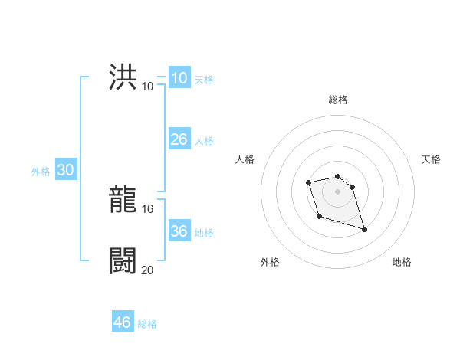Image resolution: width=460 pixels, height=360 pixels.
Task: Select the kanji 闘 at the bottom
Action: click(123, 261)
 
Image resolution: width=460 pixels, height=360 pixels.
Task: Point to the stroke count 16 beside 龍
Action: click(149, 209)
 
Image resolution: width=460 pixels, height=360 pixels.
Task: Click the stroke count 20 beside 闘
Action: click(148, 270)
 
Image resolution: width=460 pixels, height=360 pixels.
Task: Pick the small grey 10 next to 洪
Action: click(148, 86)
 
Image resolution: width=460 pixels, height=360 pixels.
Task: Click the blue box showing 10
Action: click(179, 78)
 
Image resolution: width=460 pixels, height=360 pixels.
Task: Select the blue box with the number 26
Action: click(179, 139)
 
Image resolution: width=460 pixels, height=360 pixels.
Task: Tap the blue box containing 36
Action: click(179, 231)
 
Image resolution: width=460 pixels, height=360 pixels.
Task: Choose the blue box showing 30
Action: click(65, 171)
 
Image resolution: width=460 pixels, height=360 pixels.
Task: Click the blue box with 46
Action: click(123, 322)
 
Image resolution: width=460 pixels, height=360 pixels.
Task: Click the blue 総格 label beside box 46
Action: click(147, 324)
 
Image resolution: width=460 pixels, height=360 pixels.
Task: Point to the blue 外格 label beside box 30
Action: click(41, 172)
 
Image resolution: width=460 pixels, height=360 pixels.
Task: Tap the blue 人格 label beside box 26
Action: click(204, 141)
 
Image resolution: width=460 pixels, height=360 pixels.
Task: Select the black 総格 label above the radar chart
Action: click(338, 100)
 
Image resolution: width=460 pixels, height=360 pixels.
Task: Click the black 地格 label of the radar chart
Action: click(402, 262)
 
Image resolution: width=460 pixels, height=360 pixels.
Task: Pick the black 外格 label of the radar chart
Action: click(270, 262)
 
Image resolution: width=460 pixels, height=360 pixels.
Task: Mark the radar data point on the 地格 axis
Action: click(364, 229)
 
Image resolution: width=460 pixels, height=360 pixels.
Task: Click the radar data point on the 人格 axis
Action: click(308, 182)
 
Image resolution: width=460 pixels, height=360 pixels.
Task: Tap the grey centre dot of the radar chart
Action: click(338, 191)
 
